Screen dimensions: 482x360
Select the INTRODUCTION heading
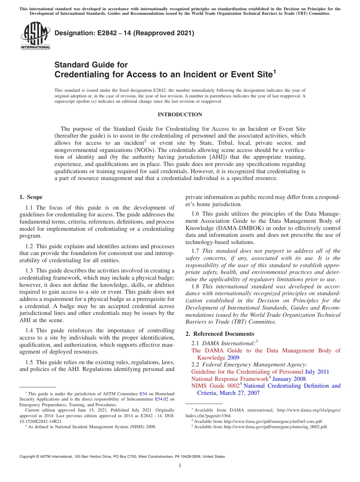pyautogui.click(x=180, y=115)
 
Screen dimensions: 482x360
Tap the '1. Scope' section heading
pyautogui.click(x=31, y=197)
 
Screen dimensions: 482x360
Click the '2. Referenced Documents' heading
pyautogui.click(x=219, y=334)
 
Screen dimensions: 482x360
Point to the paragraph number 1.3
pyautogui.click(x=29, y=271)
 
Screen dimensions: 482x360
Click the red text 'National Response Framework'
pyautogui.click(x=229, y=379)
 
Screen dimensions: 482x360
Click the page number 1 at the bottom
pyautogui.click(x=180, y=466)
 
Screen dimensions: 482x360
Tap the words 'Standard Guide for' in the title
pyautogui.click(x=91, y=65)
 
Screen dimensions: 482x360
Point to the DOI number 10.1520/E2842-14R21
pyautogui.click(x=41, y=421)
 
